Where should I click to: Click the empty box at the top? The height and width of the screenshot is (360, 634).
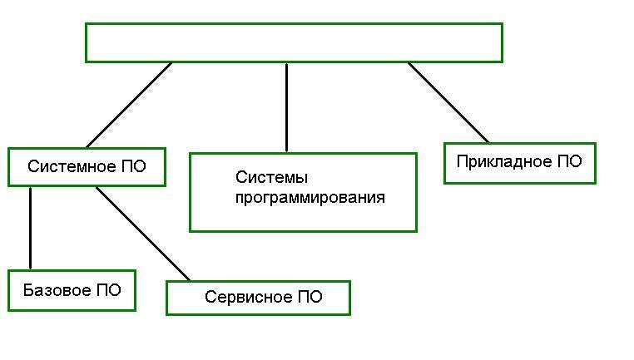(x=294, y=42)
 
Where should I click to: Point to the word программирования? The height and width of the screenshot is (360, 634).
(x=310, y=198)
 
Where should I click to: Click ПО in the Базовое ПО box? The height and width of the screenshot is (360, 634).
(x=107, y=290)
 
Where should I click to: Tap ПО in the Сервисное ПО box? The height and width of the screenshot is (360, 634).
(x=309, y=297)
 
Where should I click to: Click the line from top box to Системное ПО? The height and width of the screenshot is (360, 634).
(x=129, y=105)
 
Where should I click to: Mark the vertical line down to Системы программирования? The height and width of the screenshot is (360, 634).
(x=287, y=106)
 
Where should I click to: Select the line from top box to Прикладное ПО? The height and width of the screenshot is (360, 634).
(x=448, y=101)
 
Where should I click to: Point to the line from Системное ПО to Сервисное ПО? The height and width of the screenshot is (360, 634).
(x=142, y=233)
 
